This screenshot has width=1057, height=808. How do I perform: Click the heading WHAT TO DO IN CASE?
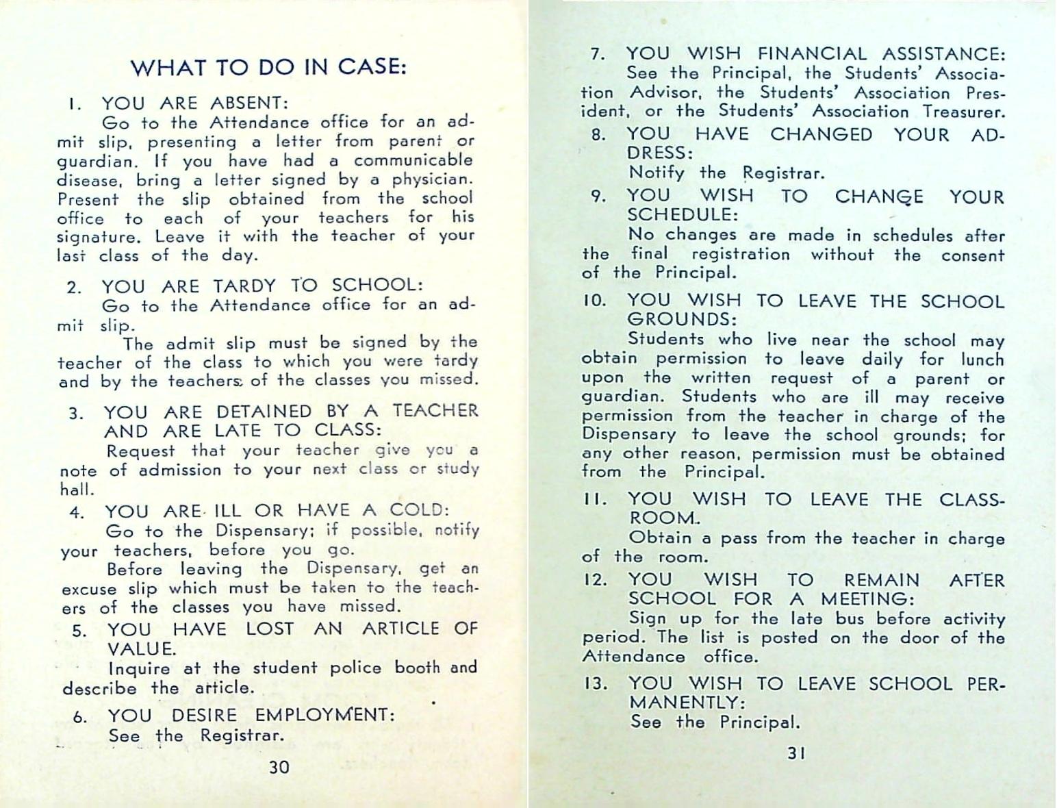click(268, 67)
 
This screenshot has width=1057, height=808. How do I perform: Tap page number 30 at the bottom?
click(279, 767)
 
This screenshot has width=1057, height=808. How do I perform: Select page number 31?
click(796, 753)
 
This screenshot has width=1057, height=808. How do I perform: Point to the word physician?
click(432, 180)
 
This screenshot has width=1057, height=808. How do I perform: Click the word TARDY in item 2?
click(244, 286)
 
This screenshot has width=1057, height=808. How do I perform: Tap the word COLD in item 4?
click(419, 510)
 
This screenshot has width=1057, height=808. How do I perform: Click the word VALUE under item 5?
click(142, 648)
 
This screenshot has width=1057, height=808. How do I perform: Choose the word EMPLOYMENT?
click(324, 716)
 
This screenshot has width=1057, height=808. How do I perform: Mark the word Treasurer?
click(964, 112)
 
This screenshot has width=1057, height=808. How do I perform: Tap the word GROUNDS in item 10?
click(682, 319)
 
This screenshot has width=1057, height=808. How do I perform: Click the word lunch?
click(982, 359)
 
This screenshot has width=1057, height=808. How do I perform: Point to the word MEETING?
click(867, 599)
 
